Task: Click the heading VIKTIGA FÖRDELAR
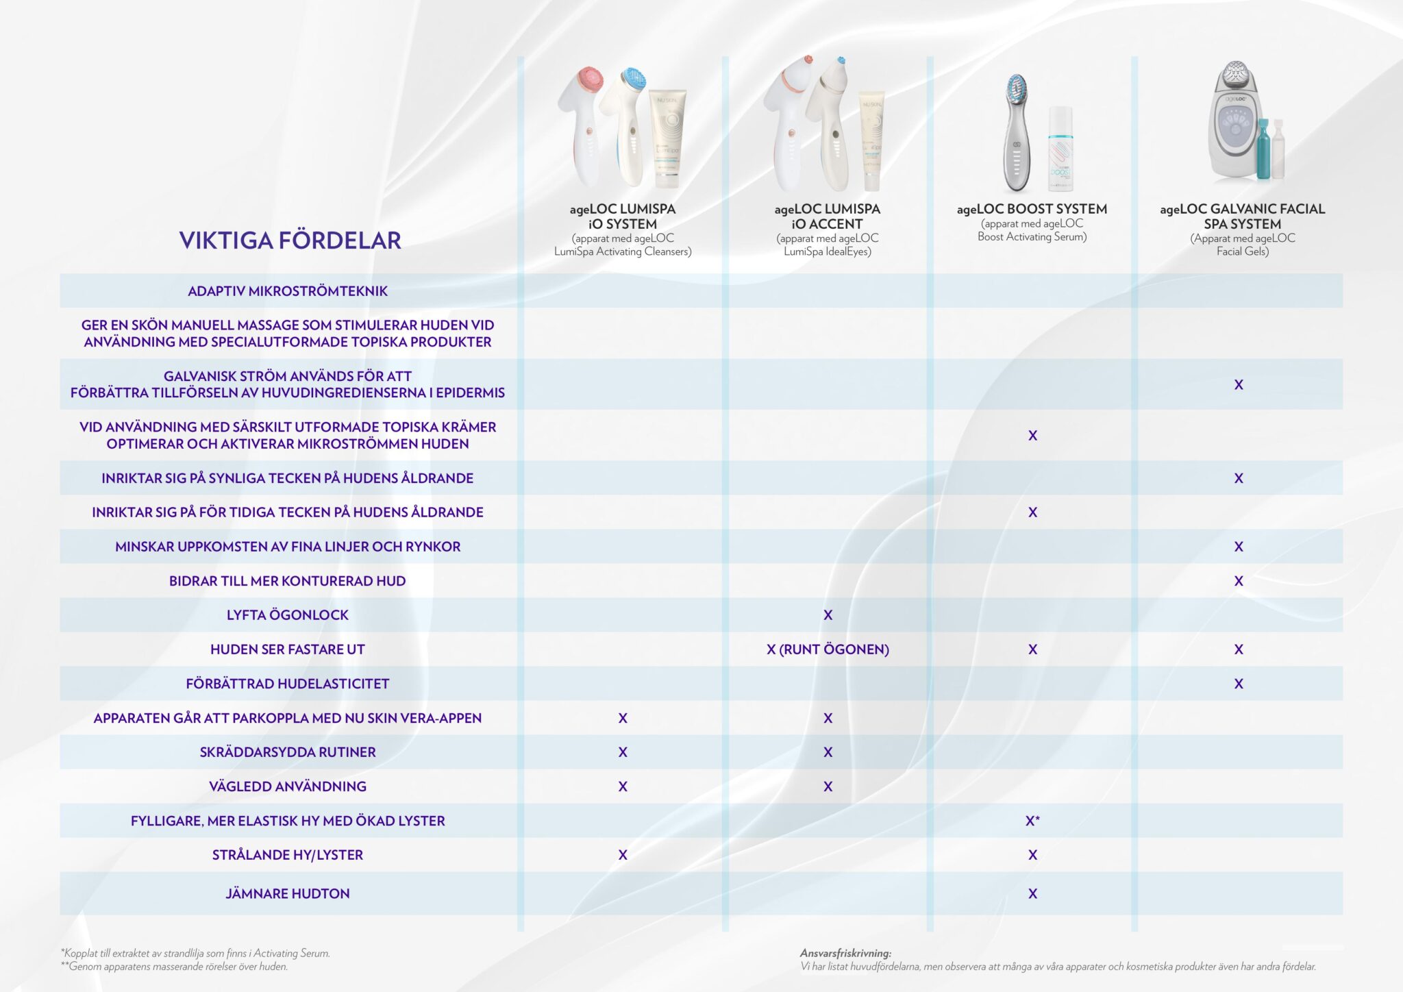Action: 290,240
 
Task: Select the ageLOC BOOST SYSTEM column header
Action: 1032,209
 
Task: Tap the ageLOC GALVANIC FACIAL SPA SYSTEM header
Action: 1242,216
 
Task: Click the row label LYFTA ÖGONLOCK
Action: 287,615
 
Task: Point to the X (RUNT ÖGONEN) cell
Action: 828,649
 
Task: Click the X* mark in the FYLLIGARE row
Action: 1032,821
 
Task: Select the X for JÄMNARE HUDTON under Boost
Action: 1032,893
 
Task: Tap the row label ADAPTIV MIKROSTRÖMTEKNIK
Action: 287,291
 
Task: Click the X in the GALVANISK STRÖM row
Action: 1239,385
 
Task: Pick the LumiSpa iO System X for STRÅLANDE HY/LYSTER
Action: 623,855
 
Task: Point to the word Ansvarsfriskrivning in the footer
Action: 845,953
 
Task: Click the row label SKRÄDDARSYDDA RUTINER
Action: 287,752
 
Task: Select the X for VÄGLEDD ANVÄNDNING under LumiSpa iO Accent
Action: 828,786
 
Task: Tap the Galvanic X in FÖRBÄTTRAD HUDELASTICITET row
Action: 1239,684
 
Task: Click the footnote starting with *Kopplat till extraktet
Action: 195,953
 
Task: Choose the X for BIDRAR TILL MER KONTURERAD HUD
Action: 1239,581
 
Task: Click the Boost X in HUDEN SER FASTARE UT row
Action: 1032,649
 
